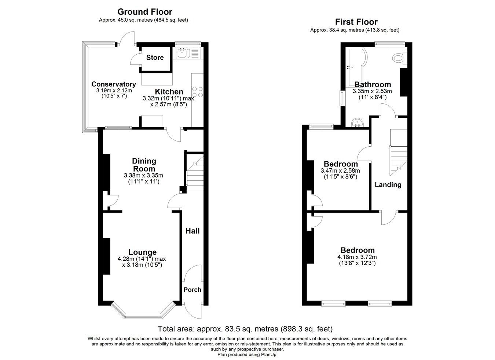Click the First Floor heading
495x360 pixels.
[356, 22]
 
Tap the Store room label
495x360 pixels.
[155, 58]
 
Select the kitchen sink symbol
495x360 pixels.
[183, 54]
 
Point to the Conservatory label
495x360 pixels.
[114, 84]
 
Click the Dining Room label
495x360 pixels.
[144, 165]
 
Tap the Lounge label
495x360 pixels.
[142, 252]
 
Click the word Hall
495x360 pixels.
[192, 231]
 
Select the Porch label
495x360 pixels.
[192, 290]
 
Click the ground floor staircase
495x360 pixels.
[194, 172]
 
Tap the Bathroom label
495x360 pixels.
[373, 85]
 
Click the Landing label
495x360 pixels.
[388, 185]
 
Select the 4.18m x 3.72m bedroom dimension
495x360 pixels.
[357, 257]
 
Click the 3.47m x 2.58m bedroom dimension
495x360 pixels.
[340, 170]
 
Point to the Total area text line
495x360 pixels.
[245, 328]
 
